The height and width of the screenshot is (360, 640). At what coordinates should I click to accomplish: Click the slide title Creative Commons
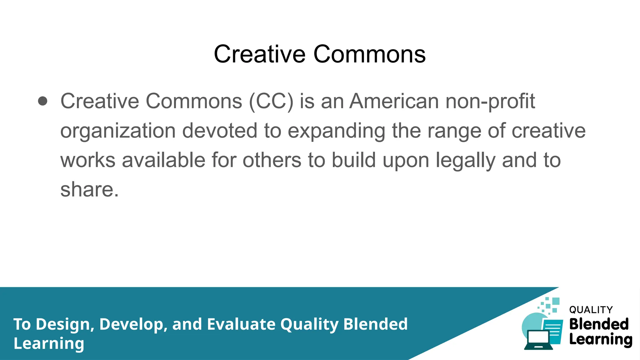(319, 54)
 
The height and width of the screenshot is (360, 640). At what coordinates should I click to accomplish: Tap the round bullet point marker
(42, 101)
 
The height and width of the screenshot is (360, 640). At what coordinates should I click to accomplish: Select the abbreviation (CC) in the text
(271, 101)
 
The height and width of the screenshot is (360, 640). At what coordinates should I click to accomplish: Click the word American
(394, 101)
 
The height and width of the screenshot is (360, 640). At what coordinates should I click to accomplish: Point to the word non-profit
(490, 101)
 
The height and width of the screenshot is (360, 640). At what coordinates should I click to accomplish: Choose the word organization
(118, 131)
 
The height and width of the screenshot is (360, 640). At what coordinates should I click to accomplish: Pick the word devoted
(220, 131)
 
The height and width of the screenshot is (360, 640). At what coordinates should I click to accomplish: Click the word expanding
(336, 131)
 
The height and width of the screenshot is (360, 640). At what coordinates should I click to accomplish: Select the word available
(163, 160)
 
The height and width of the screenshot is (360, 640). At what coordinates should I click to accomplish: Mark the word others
(272, 160)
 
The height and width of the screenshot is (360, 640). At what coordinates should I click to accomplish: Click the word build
(353, 160)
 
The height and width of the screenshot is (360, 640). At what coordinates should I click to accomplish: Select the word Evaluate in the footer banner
(241, 324)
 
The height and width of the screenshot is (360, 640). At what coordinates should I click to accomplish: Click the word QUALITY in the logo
(591, 310)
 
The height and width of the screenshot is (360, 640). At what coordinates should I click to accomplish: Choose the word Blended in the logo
(599, 324)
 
